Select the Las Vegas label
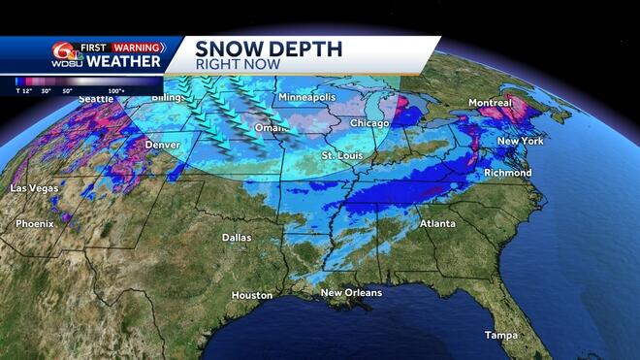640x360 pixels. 34,187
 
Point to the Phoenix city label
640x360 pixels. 34,224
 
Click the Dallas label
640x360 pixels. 236,237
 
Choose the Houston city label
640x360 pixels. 252,295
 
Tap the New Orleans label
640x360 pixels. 351,292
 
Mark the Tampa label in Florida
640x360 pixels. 501,336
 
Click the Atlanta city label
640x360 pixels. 438,223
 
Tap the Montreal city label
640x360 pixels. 490,103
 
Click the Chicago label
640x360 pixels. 368,123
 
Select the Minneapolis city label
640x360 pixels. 307,99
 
